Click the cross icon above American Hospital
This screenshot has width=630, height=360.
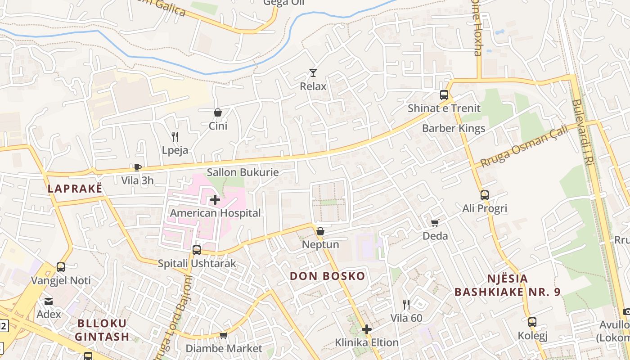[215, 199]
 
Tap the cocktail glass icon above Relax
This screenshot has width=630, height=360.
[313, 72]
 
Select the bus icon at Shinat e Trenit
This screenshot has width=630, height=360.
[444, 95]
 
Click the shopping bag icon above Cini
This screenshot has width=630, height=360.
[217, 112]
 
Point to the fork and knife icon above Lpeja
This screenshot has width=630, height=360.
[175, 137]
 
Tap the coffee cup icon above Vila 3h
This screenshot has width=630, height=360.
[137, 167]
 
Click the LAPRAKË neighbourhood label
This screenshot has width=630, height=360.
[75, 189]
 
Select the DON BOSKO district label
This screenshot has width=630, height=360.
[327, 276]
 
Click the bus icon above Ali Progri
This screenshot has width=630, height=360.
[484, 195]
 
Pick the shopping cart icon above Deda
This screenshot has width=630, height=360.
[435, 223]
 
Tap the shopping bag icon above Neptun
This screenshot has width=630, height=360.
[320, 231]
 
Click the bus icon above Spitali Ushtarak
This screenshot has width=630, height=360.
[196, 250]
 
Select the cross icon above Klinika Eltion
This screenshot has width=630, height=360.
[367, 329]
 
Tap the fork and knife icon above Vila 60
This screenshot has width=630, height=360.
[406, 305]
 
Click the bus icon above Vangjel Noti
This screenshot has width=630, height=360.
[60, 267]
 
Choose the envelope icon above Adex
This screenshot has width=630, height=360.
[48, 301]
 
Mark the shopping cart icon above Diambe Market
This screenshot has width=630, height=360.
[223, 335]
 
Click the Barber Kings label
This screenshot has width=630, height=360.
[454, 129]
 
